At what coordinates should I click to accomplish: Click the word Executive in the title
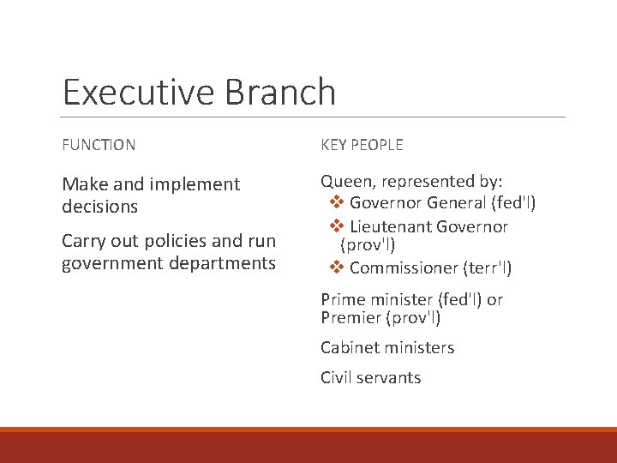coord(129,93)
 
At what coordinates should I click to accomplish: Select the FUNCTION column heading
coord(99,145)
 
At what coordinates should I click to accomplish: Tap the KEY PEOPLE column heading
coord(362,145)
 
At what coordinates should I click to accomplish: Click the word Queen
coord(347,182)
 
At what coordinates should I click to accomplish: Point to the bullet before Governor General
coord(337,203)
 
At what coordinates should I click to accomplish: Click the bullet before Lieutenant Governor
coord(337,226)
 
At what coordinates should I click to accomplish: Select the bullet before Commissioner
coord(337,268)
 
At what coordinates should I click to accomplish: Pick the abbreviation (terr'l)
coord(487,268)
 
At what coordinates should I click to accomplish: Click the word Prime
coord(341,299)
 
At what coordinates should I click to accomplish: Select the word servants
coord(392,378)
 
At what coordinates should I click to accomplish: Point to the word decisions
coord(99,207)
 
